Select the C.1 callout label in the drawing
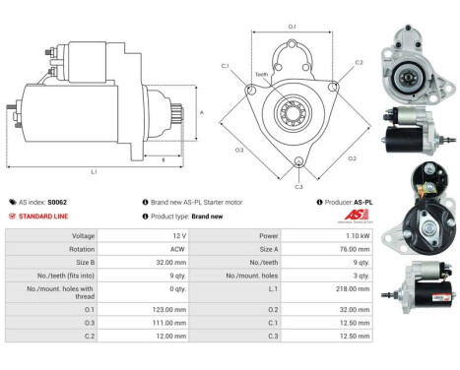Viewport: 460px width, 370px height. point(225,66)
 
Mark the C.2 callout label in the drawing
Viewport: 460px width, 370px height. point(359,62)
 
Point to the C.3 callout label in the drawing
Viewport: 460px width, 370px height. point(298,185)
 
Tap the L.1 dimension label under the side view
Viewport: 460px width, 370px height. point(93,172)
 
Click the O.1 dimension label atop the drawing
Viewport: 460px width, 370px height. point(292,26)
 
